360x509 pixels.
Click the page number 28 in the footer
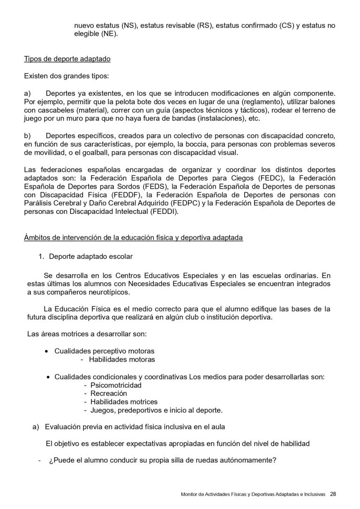coord(333,494)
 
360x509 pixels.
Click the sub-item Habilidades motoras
coord(122,359)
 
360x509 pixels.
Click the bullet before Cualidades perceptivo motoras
coord(46,351)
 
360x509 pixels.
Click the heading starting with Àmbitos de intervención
coord(133,237)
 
